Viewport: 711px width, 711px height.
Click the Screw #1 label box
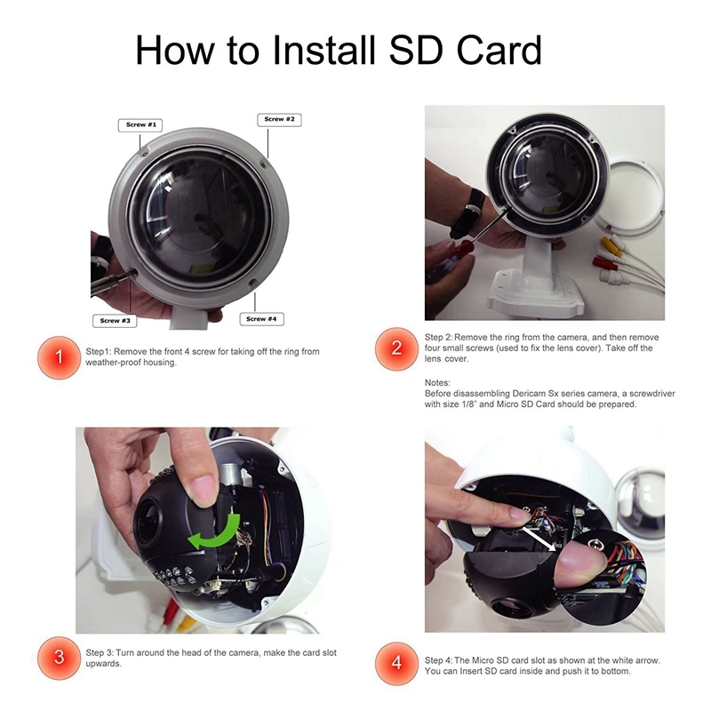[140, 124]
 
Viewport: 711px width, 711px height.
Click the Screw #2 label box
[279, 119]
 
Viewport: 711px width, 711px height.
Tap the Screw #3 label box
[115, 321]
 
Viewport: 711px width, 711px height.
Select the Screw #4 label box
[261, 319]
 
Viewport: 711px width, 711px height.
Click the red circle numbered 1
[59, 357]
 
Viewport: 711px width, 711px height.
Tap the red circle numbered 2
[396, 348]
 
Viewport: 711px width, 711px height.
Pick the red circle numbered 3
[59, 658]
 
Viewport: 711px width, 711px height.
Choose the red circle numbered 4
[396, 663]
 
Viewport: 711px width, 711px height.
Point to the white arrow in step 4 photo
[539, 539]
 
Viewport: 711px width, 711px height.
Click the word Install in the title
[324, 50]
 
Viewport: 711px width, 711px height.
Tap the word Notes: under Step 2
[437, 383]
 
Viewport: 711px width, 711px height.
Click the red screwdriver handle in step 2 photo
[448, 255]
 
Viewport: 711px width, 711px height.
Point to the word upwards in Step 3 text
[103, 664]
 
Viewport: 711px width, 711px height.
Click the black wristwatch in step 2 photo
[468, 213]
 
